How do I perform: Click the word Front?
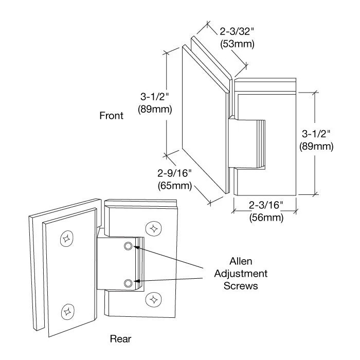111,116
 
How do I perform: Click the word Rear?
121,338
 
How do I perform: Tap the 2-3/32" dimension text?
237,32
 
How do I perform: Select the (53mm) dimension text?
237,44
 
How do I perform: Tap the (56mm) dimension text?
265,217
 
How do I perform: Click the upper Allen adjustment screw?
129,246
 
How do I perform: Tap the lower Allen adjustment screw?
129,282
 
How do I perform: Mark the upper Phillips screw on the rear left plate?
66,238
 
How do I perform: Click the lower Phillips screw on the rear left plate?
66,310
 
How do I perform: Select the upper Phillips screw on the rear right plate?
153,227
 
